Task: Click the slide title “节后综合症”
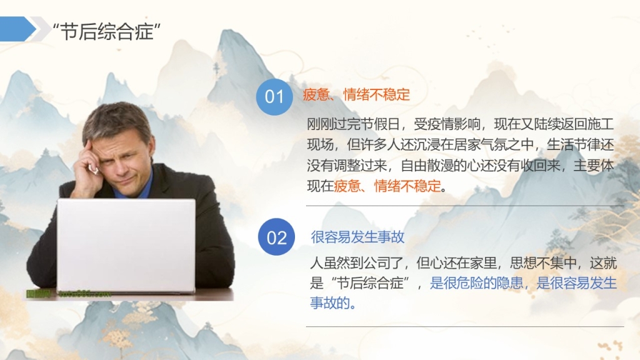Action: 107,31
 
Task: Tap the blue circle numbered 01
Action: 274,97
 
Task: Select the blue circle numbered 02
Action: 276,237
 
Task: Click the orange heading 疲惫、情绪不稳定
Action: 356,95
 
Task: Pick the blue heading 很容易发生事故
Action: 357,237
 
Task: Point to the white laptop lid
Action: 126,245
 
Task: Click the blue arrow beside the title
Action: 17,29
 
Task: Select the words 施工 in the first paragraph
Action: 601,124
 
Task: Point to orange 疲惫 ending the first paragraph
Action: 347,186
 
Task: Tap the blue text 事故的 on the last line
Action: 330,303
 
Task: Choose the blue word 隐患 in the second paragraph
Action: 510,283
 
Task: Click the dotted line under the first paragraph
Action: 465,206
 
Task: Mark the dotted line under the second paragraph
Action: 465,326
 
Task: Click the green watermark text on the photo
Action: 68,294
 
